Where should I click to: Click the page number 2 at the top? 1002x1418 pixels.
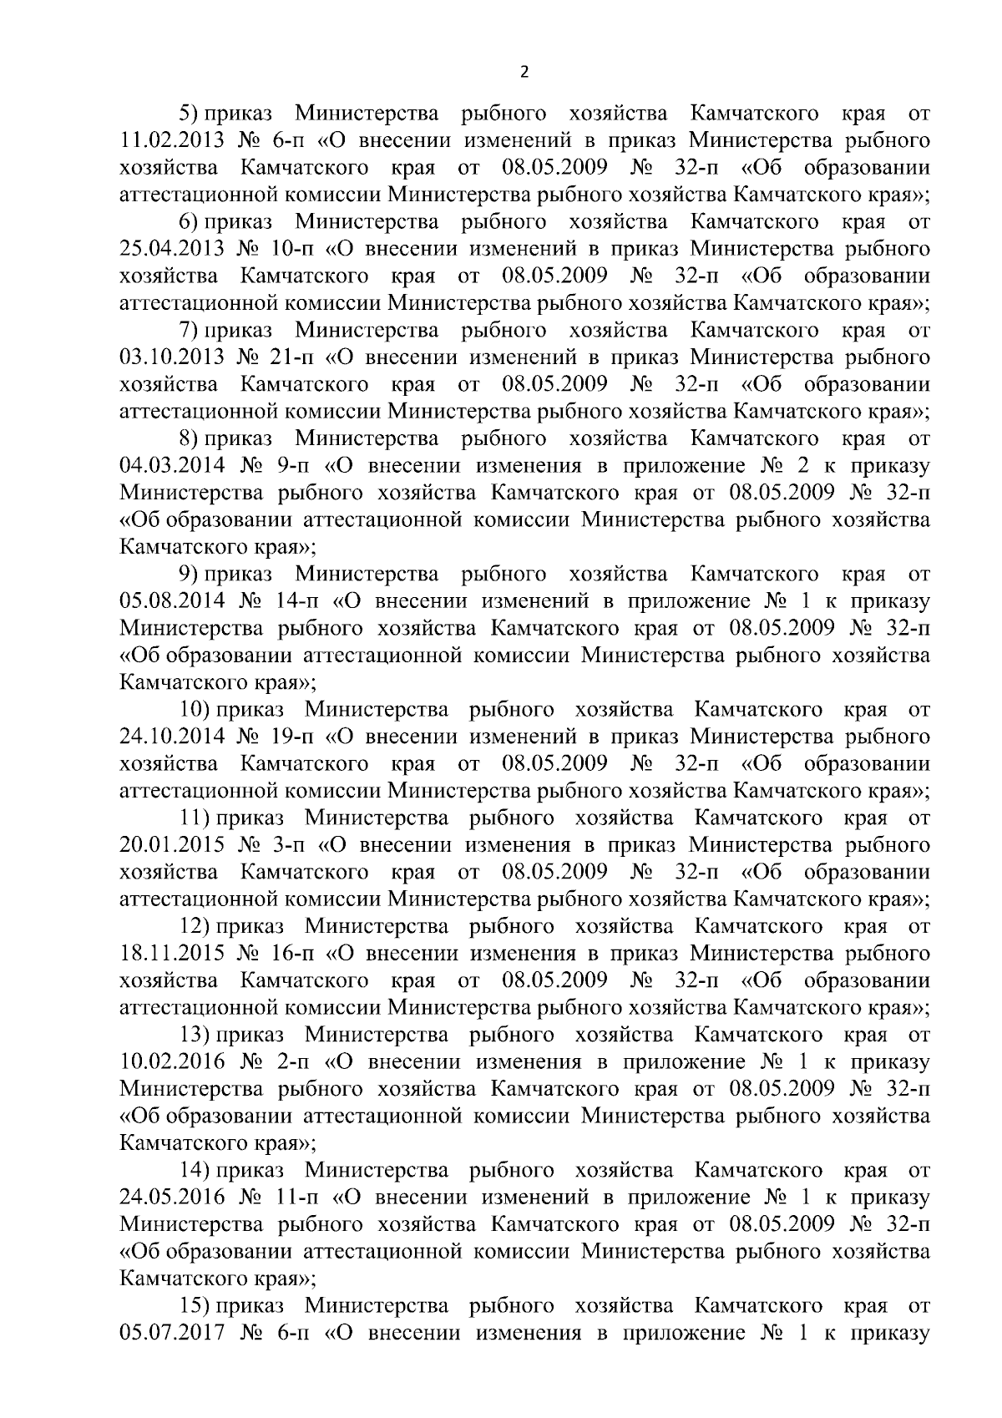[x=524, y=73]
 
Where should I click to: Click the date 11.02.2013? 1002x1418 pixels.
[x=172, y=140]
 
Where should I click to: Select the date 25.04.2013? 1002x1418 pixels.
[x=172, y=249]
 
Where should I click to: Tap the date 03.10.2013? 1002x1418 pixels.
[x=172, y=357]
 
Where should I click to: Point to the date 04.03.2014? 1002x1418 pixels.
[x=172, y=466]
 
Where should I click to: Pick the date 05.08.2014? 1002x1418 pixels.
[x=172, y=601]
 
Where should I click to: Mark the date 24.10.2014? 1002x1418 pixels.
[x=172, y=737]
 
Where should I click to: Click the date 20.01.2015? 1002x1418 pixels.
[x=172, y=845]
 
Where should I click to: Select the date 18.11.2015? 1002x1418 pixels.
[x=172, y=954]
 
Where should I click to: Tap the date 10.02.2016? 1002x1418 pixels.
[x=172, y=1062]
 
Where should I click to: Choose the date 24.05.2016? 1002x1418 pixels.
[x=172, y=1198]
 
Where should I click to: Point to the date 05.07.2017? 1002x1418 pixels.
[x=172, y=1333]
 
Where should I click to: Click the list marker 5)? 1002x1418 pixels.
[x=191, y=113]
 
